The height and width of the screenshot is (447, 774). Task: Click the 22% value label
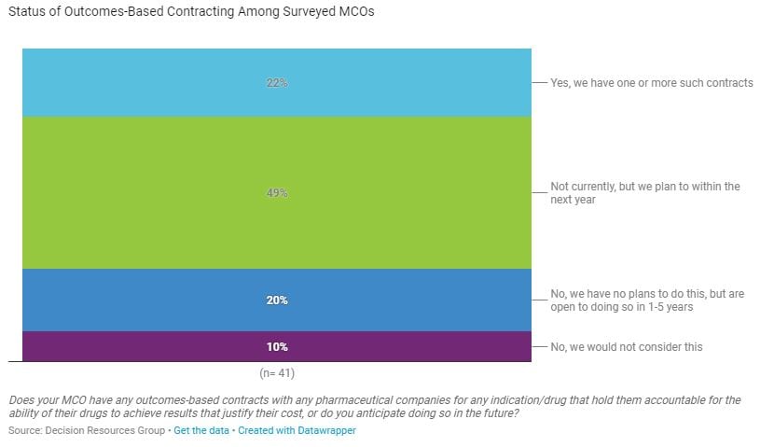[x=277, y=83]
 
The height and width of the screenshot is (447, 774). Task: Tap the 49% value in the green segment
[x=277, y=193]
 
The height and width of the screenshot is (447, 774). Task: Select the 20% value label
[x=277, y=300]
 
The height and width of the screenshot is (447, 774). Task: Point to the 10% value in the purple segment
[x=277, y=347]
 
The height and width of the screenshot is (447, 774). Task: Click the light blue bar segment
[x=140, y=83]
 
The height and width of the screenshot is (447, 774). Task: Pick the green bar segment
[x=140, y=193]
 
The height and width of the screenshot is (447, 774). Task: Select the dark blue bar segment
[x=140, y=300]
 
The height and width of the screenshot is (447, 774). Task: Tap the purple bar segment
[x=140, y=347]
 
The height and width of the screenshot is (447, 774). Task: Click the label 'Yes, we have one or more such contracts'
[x=651, y=83]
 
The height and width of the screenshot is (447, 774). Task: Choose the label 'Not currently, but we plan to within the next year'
[x=644, y=193]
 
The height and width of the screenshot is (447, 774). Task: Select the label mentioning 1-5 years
[x=646, y=300]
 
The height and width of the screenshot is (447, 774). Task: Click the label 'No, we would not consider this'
[x=626, y=347]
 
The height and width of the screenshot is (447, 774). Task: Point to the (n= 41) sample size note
[x=277, y=373]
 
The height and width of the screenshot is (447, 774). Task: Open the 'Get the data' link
[x=201, y=431]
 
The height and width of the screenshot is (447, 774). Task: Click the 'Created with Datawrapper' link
[x=297, y=431]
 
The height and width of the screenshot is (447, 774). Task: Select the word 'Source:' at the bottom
[x=24, y=431]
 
